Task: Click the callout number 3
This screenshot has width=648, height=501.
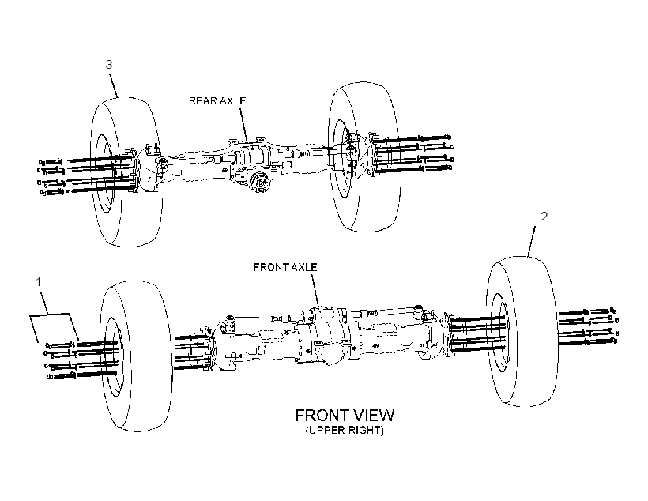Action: tap(109, 65)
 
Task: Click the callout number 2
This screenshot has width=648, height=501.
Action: tap(544, 217)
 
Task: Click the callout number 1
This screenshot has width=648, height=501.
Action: tap(39, 282)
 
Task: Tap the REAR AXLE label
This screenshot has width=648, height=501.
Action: tap(217, 101)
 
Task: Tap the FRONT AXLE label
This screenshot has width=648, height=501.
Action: tap(285, 267)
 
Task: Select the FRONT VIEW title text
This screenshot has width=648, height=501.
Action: tap(345, 415)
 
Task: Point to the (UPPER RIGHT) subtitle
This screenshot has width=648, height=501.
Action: tap(345, 431)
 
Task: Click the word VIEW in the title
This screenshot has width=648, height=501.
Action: tap(373, 415)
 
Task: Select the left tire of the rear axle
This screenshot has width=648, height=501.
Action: tap(126, 172)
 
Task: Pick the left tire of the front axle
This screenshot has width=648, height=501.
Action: tap(137, 356)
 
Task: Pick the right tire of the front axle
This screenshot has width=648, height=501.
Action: tap(522, 331)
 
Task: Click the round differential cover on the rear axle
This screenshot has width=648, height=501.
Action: tap(260, 183)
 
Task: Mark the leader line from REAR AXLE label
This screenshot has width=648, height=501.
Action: tap(243, 123)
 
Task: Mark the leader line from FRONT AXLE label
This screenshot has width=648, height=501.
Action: tap(315, 290)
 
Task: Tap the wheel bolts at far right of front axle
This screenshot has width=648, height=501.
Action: tap(588, 326)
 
